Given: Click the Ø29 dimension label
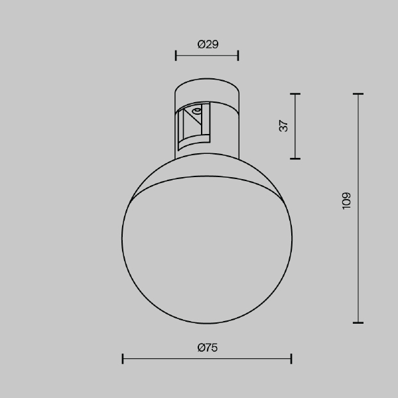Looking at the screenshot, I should coord(208,44).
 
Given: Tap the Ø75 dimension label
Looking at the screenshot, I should coord(208,348).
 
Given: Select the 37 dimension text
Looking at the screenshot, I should coord(284,126).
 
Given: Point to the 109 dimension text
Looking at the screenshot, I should coord(346,200).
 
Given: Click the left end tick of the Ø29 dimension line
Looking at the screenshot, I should coord(176,56).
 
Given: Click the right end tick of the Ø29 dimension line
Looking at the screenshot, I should coord(238,56).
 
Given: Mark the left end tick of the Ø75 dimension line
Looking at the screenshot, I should coord(123,359).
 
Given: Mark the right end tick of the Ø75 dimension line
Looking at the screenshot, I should coord(291,359).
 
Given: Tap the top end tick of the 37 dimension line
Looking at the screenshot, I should coord(295,94).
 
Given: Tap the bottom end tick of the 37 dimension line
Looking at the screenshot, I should coord(295,159).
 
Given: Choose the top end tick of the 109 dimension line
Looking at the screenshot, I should coord(358,94).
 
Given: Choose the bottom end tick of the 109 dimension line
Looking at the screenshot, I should coord(358,322).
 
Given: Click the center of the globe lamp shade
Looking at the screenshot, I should coord(207,239).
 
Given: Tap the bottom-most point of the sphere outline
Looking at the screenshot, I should coord(207,323).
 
